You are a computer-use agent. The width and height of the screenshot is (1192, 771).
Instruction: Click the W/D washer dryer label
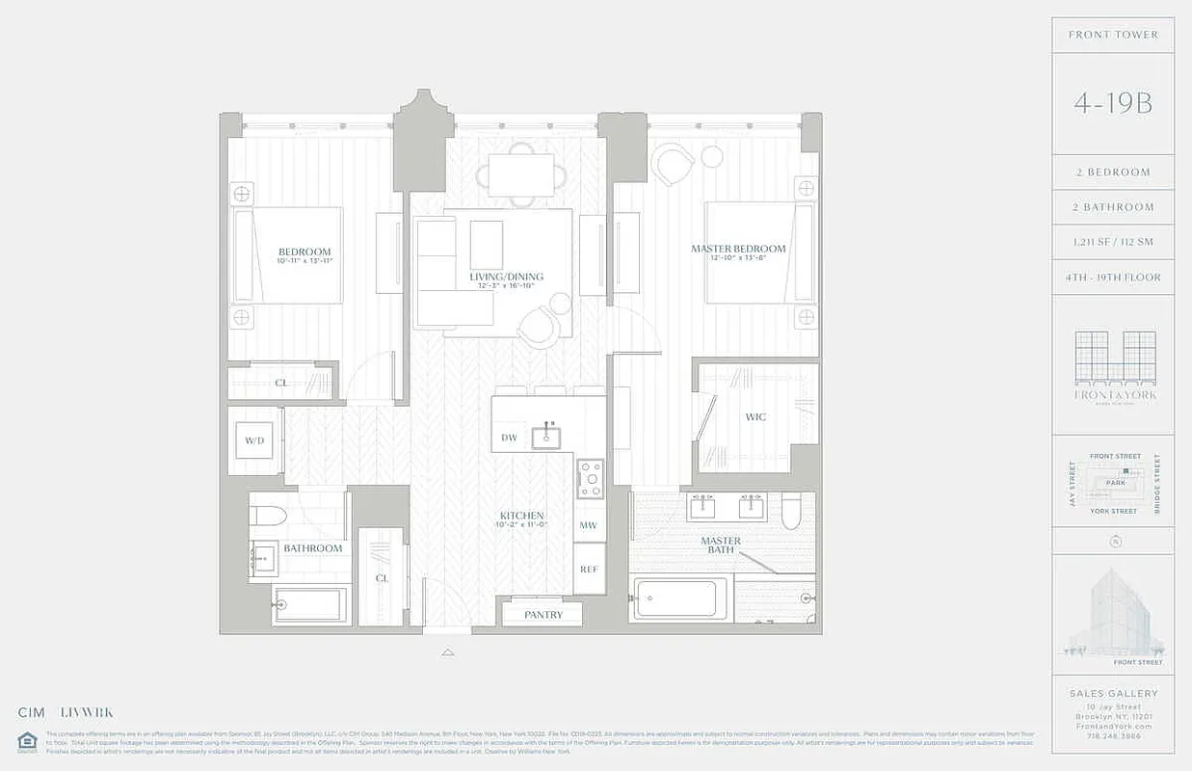pyautogui.click(x=254, y=440)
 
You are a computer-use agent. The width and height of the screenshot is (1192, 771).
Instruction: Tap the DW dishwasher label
pyautogui.click(x=510, y=438)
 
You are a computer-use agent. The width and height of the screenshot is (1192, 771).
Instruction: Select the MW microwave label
pyautogui.click(x=588, y=525)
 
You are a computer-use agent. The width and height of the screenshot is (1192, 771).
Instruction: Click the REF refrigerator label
pyautogui.click(x=588, y=569)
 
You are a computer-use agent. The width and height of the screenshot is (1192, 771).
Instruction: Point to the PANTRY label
pyautogui.click(x=543, y=615)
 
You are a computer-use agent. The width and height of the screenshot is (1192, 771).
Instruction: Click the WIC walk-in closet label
pyautogui.click(x=755, y=417)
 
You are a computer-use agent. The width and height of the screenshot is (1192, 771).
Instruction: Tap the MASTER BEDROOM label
pyautogui.click(x=738, y=249)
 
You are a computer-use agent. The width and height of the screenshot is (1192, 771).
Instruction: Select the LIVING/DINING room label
pyautogui.click(x=507, y=277)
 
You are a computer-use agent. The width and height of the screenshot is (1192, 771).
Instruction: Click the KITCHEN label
pyautogui.click(x=522, y=516)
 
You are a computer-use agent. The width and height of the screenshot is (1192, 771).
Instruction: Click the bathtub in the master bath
pyautogui.click(x=679, y=598)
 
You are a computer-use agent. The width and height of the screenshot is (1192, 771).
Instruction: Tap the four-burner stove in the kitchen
pyautogui.click(x=590, y=478)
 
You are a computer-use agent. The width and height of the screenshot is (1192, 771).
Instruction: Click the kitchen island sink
pyautogui.click(x=549, y=437)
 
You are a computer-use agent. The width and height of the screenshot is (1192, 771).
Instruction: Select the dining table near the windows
pyautogui.click(x=520, y=174)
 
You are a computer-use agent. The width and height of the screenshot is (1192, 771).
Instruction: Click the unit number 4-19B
pyautogui.click(x=1113, y=103)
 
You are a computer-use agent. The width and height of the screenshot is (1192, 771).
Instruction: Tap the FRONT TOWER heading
pyautogui.click(x=1113, y=35)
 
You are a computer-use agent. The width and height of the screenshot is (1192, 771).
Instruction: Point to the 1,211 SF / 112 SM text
pyautogui.click(x=1113, y=242)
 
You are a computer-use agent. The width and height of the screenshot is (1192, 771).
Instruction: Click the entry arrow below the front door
pyautogui.click(x=447, y=652)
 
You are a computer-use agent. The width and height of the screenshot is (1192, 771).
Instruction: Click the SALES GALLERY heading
pyautogui.click(x=1113, y=693)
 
